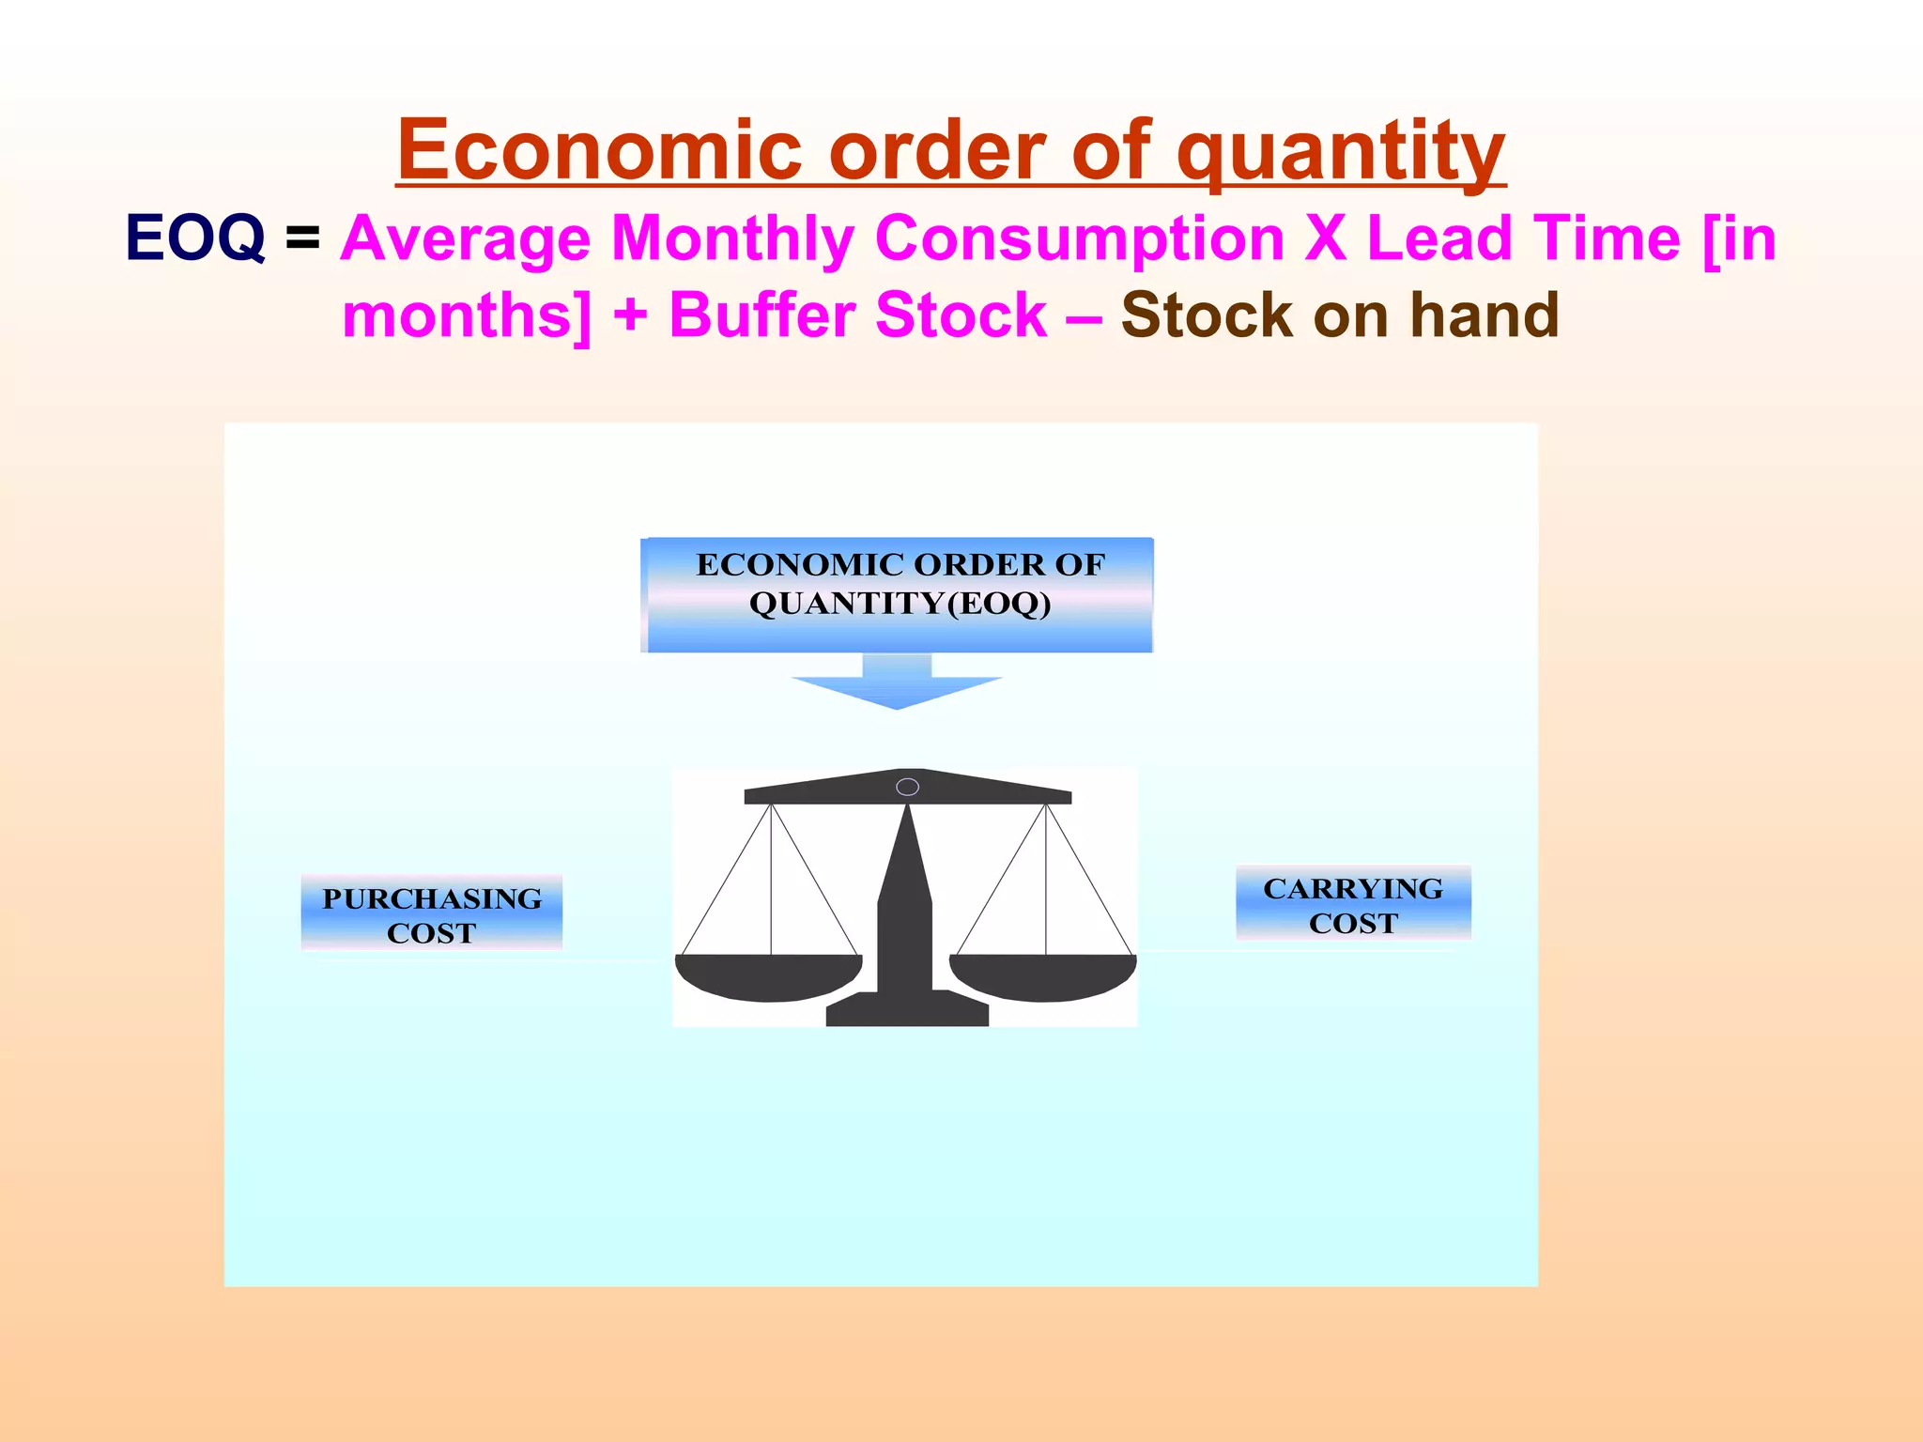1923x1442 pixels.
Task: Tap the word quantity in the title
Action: click(x=1341, y=152)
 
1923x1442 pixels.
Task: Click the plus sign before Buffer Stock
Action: click(x=630, y=316)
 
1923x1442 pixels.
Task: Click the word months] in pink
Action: click(x=467, y=316)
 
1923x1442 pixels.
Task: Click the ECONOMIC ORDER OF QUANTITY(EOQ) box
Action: click(x=899, y=594)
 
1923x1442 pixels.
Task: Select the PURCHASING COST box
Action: click(x=432, y=913)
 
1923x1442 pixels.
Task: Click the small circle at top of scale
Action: click(x=907, y=787)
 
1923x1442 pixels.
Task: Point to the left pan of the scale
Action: click(x=769, y=976)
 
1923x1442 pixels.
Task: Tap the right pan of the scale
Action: click(x=1043, y=976)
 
